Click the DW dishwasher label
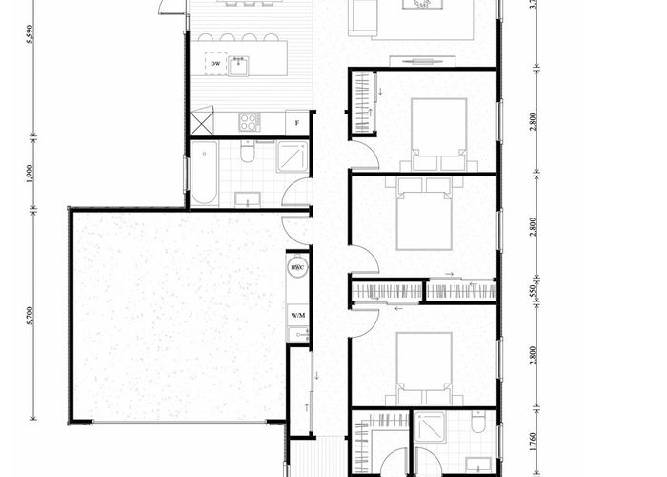[x=215, y=65]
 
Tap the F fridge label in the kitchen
[x=298, y=123]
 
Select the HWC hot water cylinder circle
[x=296, y=268]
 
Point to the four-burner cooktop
[x=249, y=122]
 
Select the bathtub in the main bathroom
[x=203, y=174]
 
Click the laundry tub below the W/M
[x=298, y=334]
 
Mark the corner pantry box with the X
[x=201, y=122]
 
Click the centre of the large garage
[x=177, y=315]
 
